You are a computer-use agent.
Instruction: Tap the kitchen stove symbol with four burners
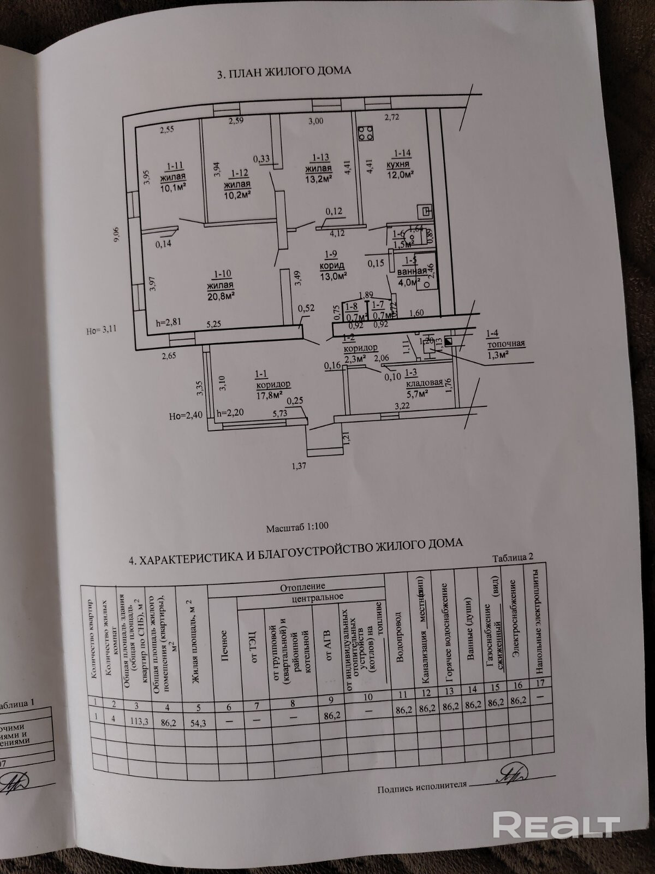click(x=366, y=133)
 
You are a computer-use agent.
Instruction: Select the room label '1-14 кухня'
click(x=401, y=159)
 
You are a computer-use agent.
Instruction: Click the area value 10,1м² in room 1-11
click(x=173, y=188)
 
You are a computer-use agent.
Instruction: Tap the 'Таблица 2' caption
click(x=512, y=557)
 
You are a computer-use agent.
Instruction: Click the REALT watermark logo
click(x=556, y=823)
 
